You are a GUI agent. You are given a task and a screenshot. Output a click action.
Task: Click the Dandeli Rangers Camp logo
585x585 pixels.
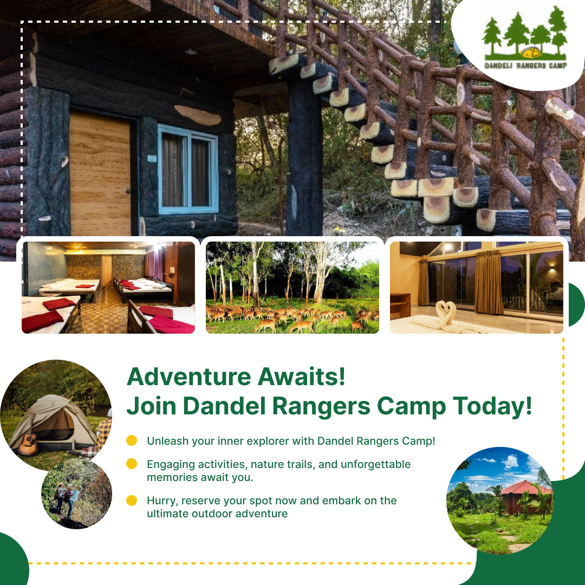click(524, 41)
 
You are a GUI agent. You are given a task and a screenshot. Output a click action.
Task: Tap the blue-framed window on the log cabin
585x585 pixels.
click(188, 169)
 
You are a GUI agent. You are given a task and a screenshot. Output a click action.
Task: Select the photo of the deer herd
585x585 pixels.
click(292, 287)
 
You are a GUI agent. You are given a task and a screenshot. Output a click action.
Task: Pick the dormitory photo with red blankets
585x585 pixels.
click(108, 287)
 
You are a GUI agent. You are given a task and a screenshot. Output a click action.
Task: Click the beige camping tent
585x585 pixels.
click(54, 422)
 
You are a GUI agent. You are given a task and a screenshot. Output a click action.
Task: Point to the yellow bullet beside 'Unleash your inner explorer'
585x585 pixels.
click(132, 440)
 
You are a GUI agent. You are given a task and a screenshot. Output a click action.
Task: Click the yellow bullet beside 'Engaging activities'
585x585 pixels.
click(132, 464)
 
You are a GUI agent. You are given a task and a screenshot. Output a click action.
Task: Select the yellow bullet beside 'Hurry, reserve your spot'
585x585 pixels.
click(132, 500)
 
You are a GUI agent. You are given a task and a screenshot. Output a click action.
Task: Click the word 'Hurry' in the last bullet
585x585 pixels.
click(160, 500)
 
